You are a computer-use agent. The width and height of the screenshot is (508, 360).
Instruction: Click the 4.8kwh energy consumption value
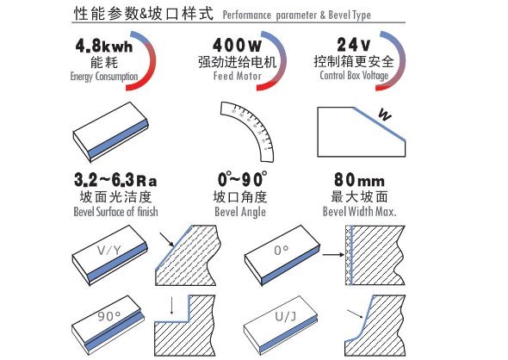click(x=104, y=46)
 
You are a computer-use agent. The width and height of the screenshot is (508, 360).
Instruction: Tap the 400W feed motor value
click(x=237, y=45)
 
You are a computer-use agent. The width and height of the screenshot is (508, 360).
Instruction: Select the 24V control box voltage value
click(x=353, y=45)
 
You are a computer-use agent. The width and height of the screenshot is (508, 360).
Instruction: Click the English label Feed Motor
click(x=237, y=76)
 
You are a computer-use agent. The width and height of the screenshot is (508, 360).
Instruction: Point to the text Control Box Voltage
click(x=354, y=76)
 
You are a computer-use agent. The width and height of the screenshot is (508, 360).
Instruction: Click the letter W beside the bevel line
click(x=385, y=115)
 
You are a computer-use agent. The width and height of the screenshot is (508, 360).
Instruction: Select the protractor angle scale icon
click(x=247, y=132)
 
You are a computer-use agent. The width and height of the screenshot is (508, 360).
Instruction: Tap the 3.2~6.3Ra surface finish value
click(x=115, y=180)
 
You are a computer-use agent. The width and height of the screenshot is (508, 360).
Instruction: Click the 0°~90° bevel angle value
click(x=242, y=179)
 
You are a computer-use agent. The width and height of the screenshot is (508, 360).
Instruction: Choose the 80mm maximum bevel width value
click(x=359, y=180)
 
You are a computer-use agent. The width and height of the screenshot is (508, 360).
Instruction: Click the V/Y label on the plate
click(x=108, y=250)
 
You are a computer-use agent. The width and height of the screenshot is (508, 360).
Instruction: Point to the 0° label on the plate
click(x=281, y=250)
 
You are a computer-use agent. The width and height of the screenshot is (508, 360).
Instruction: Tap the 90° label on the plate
click(x=108, y=316)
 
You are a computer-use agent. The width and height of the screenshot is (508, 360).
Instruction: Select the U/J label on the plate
click(x=285, y=316)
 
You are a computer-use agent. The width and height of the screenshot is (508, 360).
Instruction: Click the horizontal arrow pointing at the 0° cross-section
click(x=333, y=255)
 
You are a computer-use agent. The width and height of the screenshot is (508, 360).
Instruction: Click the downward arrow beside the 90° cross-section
click(x=171, y=306)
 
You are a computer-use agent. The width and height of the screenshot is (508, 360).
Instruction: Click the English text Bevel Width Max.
click(x=360, y=212)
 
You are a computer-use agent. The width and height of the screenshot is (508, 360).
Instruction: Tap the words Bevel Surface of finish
click(x=115, y=212)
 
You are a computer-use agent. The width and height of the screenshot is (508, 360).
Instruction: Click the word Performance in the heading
click(x=247, y=16)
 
